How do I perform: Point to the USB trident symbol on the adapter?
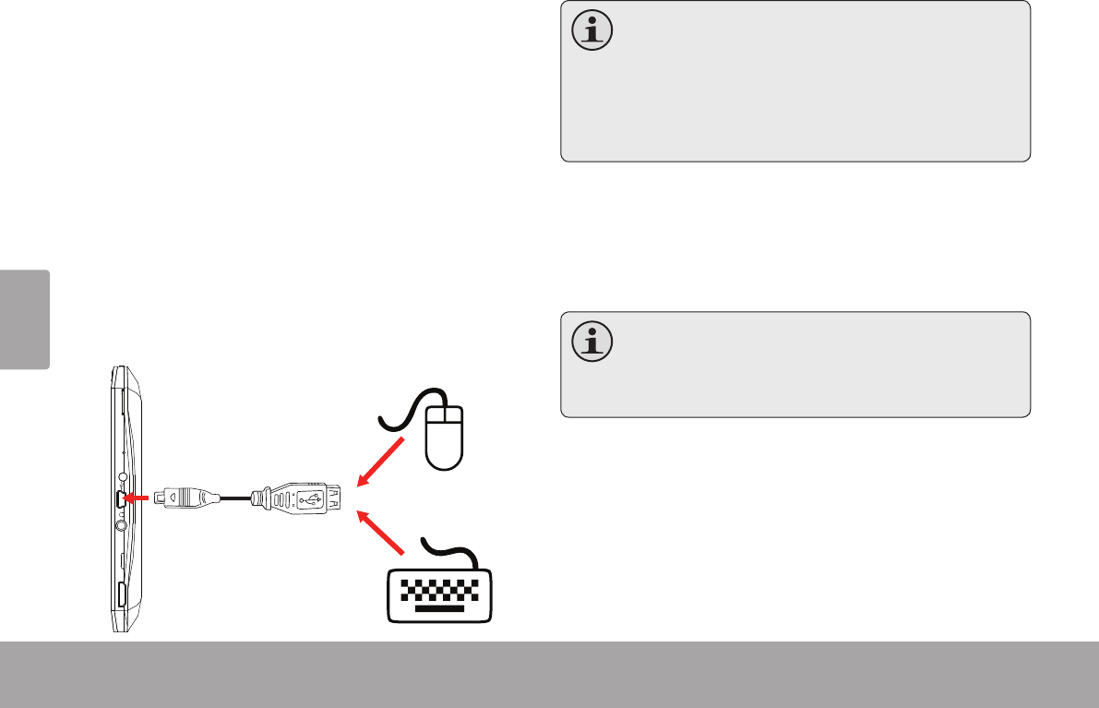coord(310,499)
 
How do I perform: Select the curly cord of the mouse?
coord(400,411)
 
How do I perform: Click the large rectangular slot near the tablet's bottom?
coord(122,594)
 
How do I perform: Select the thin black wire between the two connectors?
coord(234,498)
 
